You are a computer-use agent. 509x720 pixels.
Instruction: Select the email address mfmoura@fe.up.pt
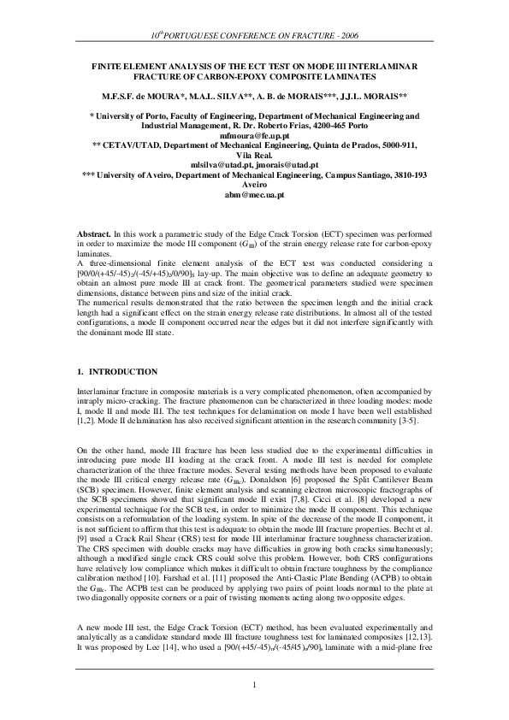click(x=254, y=136)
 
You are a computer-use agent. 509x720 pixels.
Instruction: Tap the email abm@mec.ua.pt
click(x=254, y=195)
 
